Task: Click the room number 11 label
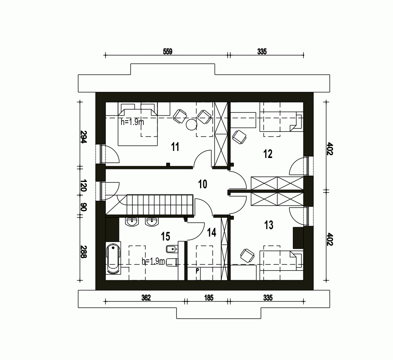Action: [x=175, y=147]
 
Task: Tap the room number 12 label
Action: [x=268, y=154]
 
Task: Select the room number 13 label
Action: [x=269, y=225]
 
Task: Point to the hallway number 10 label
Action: [x=202, y=184]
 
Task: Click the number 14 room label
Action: [x=211, y=233]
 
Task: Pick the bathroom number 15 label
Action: [x=165, y=237]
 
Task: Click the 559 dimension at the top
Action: [x=168, y=51]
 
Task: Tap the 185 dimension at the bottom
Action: [x=209, y=298]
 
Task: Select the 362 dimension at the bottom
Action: [x=146, y=298]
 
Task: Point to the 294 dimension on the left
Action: [x=83, y=137]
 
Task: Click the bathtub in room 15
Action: [x=113, y=259]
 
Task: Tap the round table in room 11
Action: [x=192, y=125]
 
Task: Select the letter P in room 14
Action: [x=197, y=271]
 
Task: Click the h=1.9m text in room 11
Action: [x=132, y=122]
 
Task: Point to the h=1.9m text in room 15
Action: [x=153, y=261]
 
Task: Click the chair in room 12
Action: [x=239, y=137]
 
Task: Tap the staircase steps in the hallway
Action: [x=160, y=205]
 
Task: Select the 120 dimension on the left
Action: [x=83, y=185]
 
